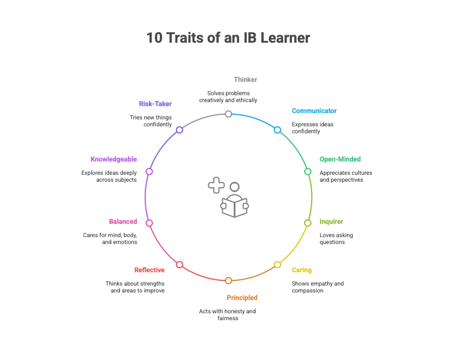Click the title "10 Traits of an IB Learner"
[x=228, y=38]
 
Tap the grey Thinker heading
[x=245, y=80]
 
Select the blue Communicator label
[x=314, y=111]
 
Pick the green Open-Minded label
[x=340, y=159]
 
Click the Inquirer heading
[x=331, y=222]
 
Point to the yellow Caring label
[x=302, y=270]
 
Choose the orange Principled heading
[x=242, y=298]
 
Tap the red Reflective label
[x=149, y=270]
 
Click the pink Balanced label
[x=123, y=222]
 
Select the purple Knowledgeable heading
[x=114, y=159]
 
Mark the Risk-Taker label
[x=155, y=104]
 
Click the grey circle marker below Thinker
[x=228, y=114]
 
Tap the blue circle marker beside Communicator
[x=278, y=130]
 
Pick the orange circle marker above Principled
[x=228, y=281]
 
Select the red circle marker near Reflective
[x=179, y=265]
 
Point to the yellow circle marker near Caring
[x=278, y=265]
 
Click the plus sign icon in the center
[x=216, y=185]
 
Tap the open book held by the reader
[x=234, y=207]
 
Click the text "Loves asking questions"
[x=336, y=238]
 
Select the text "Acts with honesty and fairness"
[x=227, y=315]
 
